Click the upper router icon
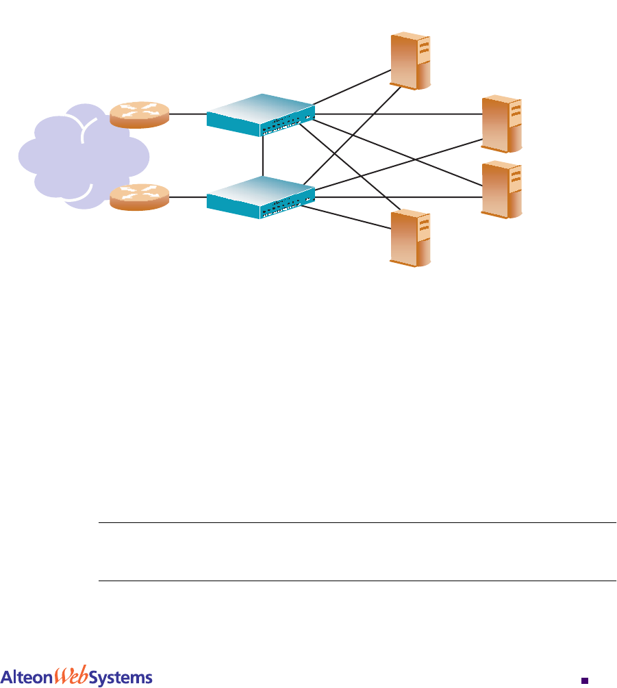point(138,114)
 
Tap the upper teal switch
point(261,114)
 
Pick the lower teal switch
point(261,197)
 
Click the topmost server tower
point(411,61)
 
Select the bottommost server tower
point(411,238)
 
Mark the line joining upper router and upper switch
point(187,114)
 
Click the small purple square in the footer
point(585,680)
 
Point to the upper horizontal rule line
point(356,524)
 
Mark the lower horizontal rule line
point(356,581)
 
